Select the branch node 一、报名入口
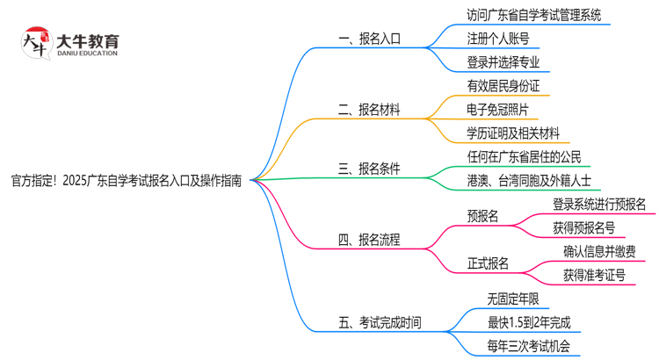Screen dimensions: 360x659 pos(368,39)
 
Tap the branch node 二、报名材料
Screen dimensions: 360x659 pos(368,110)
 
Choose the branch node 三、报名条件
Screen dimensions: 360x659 pos(368,169)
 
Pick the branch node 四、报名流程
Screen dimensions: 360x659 pos(368,239)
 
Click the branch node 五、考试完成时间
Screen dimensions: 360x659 pos(379,322)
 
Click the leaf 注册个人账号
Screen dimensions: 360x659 pos(498,39)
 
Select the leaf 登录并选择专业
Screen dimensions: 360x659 pos(503,62)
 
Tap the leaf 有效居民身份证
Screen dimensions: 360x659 pos(503,86)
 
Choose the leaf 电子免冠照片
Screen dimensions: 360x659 pos(498,110)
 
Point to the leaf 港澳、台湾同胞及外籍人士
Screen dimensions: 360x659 pos(530,181)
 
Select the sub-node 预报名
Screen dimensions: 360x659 pos(482,216)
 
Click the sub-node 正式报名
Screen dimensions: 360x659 pos(488,263)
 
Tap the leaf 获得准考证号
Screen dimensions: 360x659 pos(595,276)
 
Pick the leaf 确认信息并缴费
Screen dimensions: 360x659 pos(600,252)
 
